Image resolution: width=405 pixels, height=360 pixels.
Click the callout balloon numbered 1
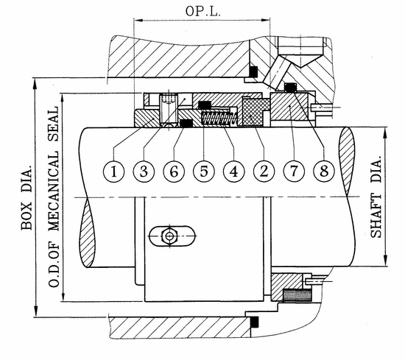[x=114, y=172]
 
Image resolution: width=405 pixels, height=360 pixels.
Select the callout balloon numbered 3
[x=144, y=172]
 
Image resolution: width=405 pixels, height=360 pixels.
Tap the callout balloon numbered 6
[x=174, y=172]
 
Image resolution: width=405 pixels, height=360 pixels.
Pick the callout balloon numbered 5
[x=204, y=172]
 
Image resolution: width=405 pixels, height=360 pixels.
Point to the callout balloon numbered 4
[x=233, y=172]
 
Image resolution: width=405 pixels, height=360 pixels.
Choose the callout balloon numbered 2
[x=264, y=172]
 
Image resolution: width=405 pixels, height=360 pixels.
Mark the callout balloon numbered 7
[x=294, y=172]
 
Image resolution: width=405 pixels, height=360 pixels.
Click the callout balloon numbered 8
[x=324, y=172]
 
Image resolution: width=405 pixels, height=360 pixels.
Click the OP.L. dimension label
[x=203, y=11]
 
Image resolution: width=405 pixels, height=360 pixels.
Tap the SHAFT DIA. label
[x=376, y=197]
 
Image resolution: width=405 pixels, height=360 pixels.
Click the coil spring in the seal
[x=219, y=119]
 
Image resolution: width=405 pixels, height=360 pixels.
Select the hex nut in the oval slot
[x=169, y=236]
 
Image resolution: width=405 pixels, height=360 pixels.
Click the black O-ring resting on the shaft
[x=186, y=124]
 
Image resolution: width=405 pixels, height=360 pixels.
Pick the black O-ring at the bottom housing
[x=255, y=322]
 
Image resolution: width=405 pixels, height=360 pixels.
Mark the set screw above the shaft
[x=168, y=108]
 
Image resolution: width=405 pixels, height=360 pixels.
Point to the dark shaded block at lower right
[x=297, y=295]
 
